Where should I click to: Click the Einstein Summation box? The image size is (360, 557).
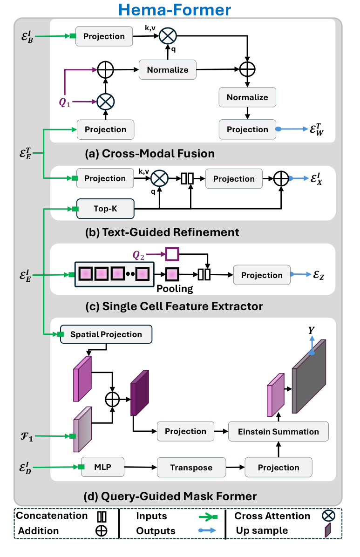pyautogui.click(x=278, y=432)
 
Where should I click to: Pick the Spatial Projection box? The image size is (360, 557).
pyautogui.click(x=106, y=334)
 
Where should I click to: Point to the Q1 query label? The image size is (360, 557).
pyautogui.click(x=65, y=103)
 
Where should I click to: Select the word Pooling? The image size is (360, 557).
pyautogui.click(x=175, y=289)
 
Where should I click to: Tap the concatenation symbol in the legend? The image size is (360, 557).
pyautogui.click(x=101, y=516)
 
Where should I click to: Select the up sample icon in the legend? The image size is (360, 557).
pyautogui.click(x=327, y=530)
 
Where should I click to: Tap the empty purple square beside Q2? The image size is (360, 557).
pyautogui.click(x=172, y=254)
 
